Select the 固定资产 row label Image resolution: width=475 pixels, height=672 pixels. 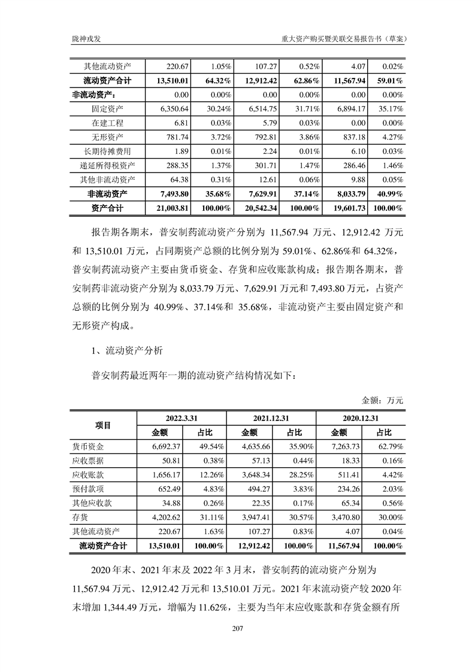(x=104, y=108)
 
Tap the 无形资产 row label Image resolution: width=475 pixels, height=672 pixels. (x=104, y=137)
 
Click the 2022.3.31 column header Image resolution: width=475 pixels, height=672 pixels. (x=181, y=418)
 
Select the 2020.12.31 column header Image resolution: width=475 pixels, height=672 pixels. (x=361, y=418)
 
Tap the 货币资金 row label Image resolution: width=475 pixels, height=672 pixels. (x=88, y=446)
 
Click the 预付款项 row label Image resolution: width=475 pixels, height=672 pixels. (x=88, y=489)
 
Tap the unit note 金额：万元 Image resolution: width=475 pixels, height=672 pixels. (x=383, y=399)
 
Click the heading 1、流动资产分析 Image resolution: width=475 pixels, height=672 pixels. (x=125, y=349)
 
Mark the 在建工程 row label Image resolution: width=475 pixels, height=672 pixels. (x=104, y=122)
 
